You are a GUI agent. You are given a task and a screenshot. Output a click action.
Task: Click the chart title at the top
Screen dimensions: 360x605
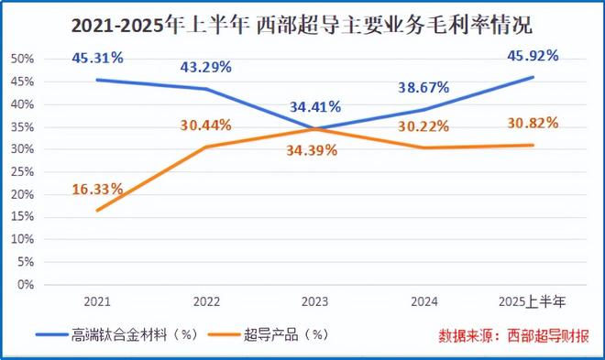[x=302, y=21]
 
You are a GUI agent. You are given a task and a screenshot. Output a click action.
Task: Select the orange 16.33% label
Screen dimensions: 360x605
[x=97, y=189]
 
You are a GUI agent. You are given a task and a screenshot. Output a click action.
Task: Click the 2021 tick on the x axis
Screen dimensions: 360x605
[x=97, y=301]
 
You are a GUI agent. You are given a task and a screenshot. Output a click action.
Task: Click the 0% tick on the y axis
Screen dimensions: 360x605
[x=25, y=284]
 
